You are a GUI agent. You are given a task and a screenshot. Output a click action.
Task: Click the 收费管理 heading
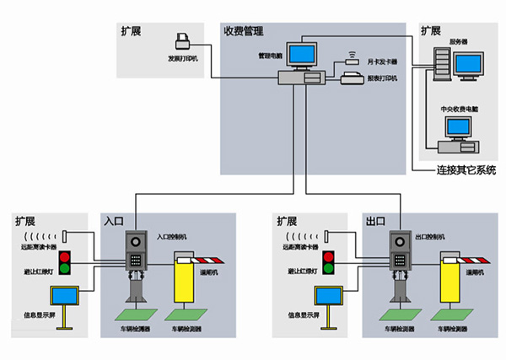[x=243, y=31]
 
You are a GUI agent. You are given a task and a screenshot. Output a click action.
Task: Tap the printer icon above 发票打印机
[x=183, y=40]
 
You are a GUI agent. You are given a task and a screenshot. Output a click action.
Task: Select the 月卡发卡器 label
[x=381, y=62]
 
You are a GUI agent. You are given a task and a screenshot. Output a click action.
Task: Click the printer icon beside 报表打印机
[x=353, y=80]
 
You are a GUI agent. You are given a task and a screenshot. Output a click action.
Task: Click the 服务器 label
[x=459, y=41]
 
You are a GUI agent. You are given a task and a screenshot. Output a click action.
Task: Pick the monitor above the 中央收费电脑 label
[x=459, y=127]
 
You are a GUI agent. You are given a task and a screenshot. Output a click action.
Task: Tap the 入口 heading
[x=114, y=221]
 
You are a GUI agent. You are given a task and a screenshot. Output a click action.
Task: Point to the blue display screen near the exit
[x=326, y=296]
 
